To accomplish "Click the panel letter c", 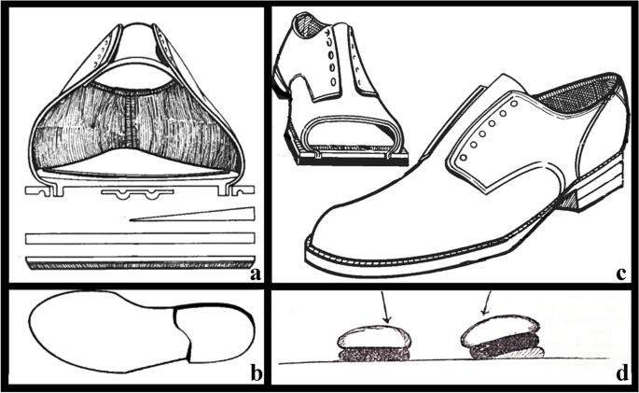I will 619,274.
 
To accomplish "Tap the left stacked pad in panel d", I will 368,344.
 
